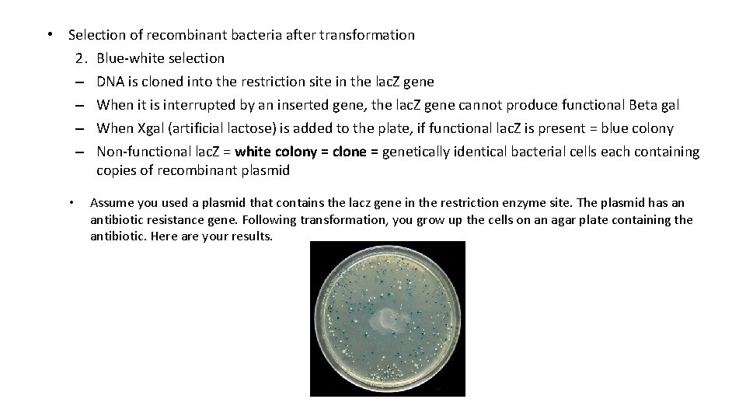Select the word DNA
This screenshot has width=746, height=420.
[110, 82]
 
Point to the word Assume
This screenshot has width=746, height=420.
[111, 203]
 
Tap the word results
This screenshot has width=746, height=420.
[251, 236]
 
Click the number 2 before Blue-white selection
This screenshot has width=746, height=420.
[81, 58]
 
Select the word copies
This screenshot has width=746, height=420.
[117, 170]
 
